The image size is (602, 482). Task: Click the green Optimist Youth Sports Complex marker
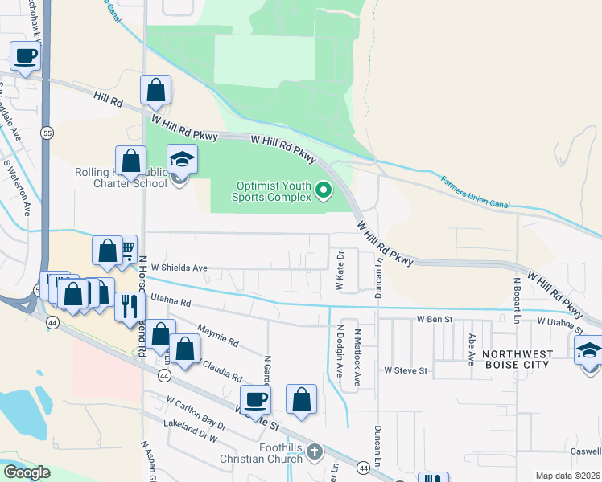click(324, 190)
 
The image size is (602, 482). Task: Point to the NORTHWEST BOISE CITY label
click(529, 359)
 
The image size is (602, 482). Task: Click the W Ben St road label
click(435, 319)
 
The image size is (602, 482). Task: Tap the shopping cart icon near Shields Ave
click(126, 250)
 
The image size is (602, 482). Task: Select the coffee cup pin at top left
click(25, 56)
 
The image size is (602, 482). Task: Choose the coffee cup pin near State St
click(256, 399)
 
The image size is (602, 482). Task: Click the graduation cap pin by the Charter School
click(182, 158)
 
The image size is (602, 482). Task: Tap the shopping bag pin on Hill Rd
click(155, 90)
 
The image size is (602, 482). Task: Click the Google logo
click(27, 472)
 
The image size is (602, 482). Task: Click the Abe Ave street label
click(472, 353)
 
